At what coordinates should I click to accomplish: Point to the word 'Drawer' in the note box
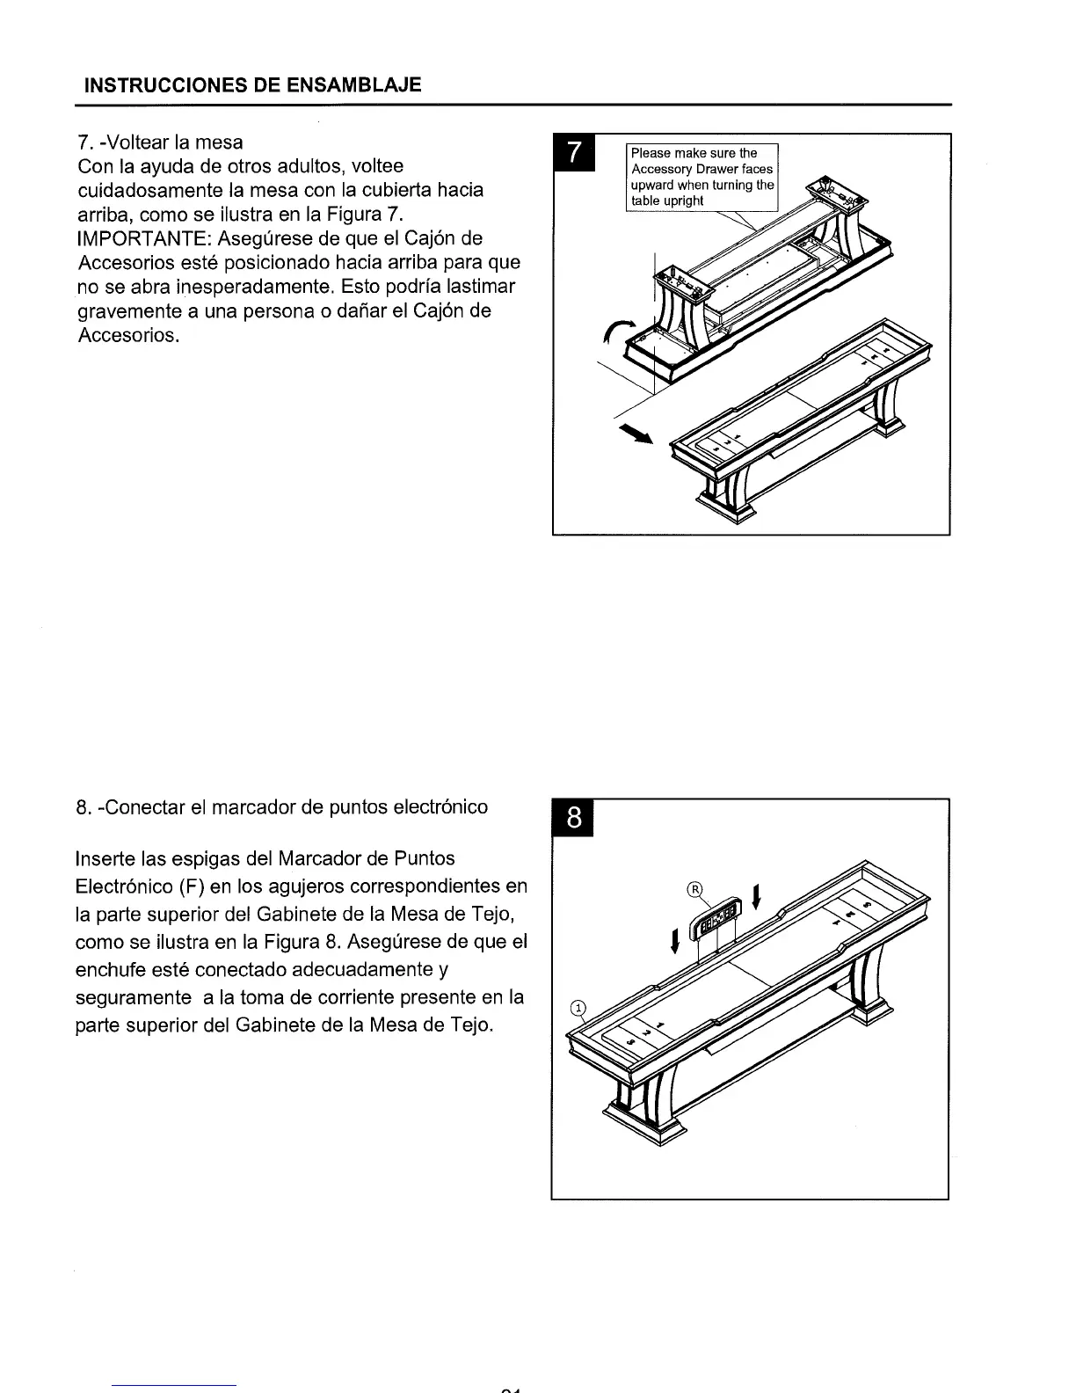tap(718, 169)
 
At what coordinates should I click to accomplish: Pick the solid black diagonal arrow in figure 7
tap(637, 434)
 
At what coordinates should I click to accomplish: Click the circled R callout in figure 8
tap(694, 888)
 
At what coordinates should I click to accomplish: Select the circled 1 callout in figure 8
tap(578, 1008)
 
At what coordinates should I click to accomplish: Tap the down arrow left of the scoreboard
tap(674, 941)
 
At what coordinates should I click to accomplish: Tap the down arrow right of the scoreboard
tap(757, 898)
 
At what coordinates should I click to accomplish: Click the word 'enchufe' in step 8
tap(112, 968)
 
